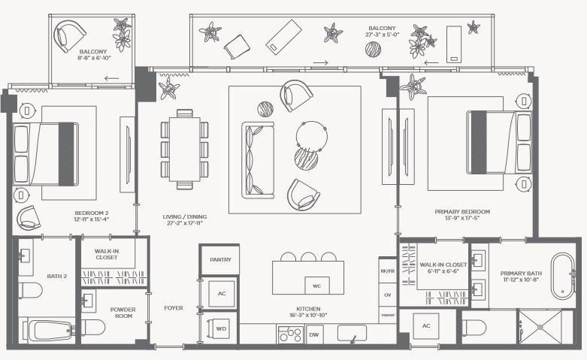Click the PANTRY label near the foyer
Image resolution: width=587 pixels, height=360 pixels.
coord(221,260)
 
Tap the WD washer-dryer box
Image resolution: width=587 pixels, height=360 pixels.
coord(222,328)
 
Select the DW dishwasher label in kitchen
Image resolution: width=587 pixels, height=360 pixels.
coord(314,335)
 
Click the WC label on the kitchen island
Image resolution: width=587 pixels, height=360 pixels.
coord(316,286)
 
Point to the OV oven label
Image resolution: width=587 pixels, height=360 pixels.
coord(388,295)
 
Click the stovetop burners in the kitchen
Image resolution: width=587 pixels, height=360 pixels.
coord(290,334)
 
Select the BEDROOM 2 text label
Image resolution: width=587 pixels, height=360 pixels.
coord(92,213)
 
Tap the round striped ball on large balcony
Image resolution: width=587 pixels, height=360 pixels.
coord(373,50)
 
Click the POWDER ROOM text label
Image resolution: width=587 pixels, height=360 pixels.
coord(123,313)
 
